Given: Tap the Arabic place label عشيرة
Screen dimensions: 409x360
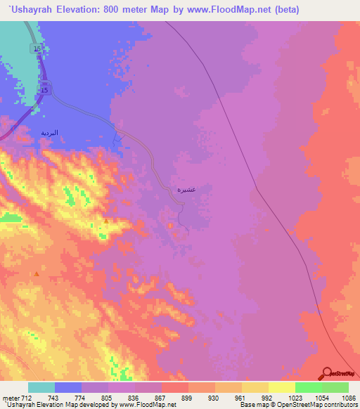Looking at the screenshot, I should (185, 190).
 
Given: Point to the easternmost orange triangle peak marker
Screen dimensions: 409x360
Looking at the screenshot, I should (106, 221).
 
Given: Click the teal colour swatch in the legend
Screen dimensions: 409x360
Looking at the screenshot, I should (41, 387).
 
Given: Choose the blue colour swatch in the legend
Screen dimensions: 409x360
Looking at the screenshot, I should (68, 387).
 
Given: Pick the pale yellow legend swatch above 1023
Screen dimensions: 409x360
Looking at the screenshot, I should (282, 387).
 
